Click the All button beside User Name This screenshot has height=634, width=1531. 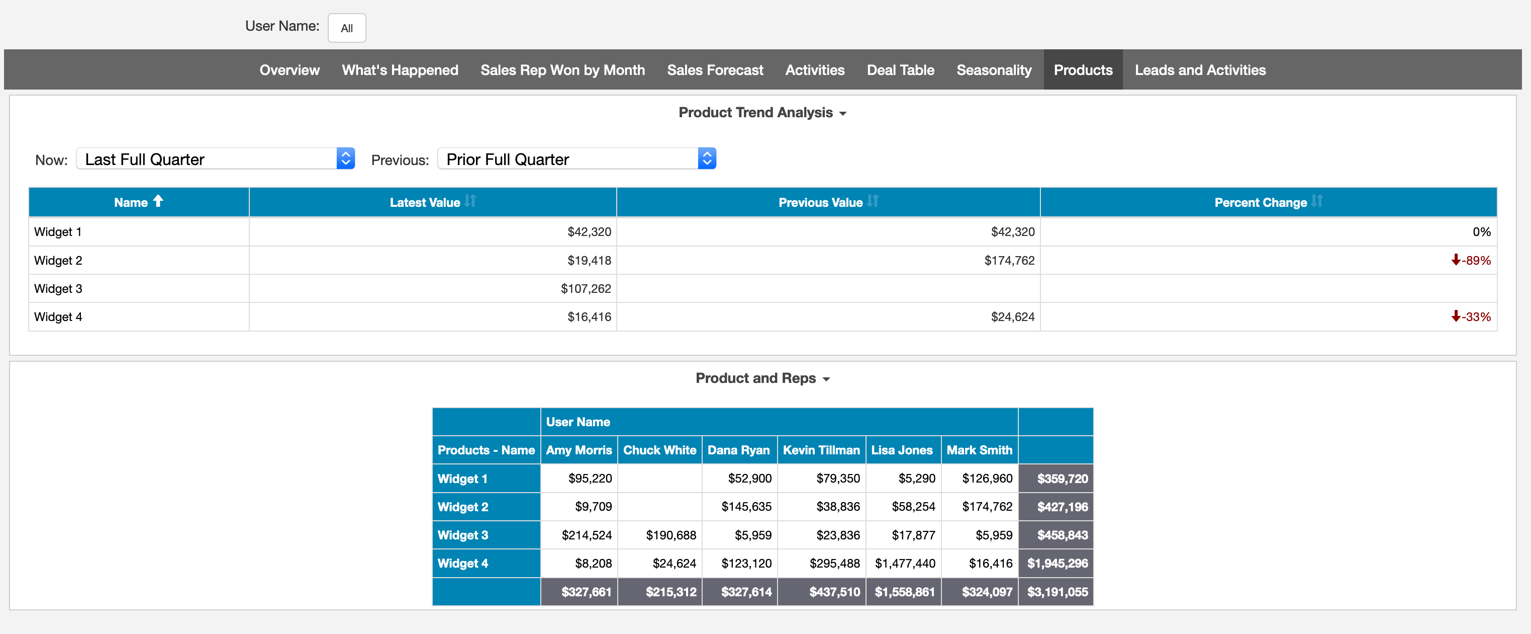coord(346,28)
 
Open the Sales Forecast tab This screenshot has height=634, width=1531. coord(714,70)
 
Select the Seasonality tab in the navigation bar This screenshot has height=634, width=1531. coord(993,70)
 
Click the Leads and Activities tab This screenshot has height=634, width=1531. coord(1199,70)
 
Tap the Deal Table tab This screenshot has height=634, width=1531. coord(900,70)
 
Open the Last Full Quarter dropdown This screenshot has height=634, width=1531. coord(215,159)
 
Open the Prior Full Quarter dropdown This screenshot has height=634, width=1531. coord(576,159)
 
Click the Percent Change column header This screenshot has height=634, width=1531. coord(1260,202)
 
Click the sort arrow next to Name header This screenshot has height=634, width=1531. coord(158,201)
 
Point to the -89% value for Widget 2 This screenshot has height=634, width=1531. coord(1475,261)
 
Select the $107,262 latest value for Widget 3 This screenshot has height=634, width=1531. coord(586,288)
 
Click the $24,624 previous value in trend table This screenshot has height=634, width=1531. coord(1012,317)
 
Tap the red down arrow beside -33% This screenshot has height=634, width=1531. coord(1456,316)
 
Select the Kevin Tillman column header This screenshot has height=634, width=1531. coord(821,450)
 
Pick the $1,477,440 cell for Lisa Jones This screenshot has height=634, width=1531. coord(905,563)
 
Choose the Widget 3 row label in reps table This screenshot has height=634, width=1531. coord(462,535)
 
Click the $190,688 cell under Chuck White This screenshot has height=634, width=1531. coord(671,535)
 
